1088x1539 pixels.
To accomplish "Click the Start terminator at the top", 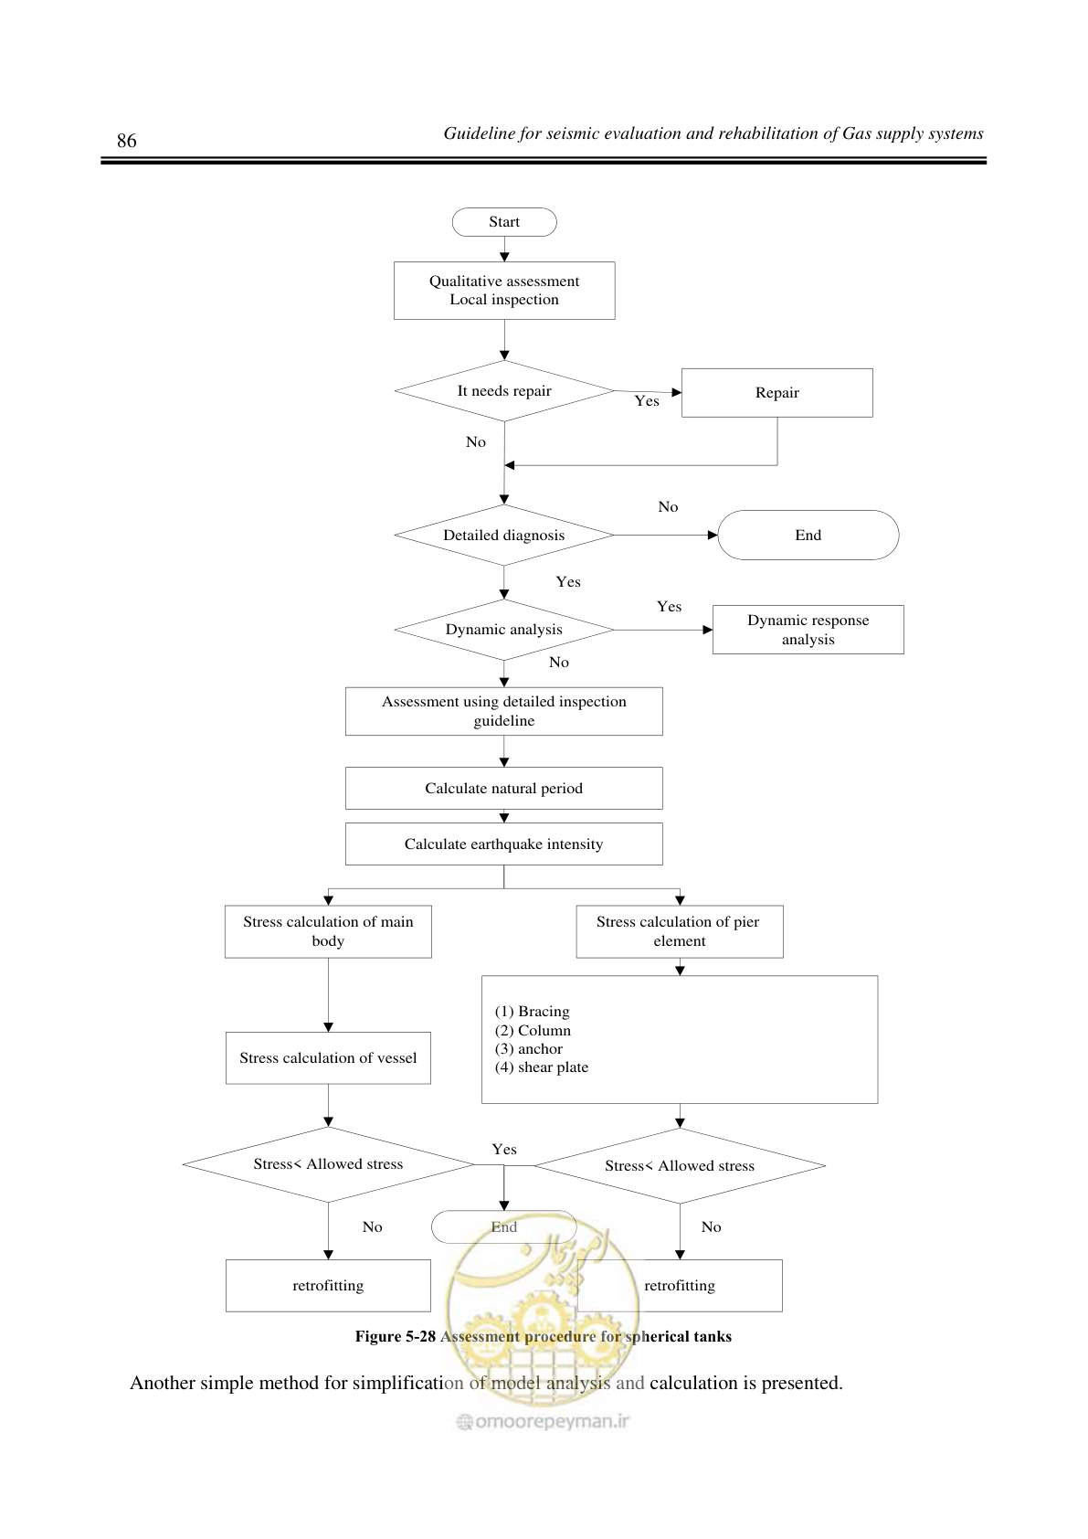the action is [x=504, y=222].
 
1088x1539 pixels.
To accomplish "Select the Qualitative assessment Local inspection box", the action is [x=504, y=291].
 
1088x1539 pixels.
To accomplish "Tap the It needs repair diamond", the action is [x=504, y=391].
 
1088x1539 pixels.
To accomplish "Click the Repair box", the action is [x=776, y=393].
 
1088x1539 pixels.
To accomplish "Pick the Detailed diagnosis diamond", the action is [x=504, y=536].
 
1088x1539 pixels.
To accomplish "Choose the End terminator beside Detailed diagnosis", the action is [x=808, y=536].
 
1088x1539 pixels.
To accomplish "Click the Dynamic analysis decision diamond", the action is [x=504, y=630].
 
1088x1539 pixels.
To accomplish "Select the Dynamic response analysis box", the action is [x=808, y=630].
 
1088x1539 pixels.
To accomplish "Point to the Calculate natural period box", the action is [x=504, y=788].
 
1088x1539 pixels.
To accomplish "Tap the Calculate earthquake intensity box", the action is [x=504, y=844].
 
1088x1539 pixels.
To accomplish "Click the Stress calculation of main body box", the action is [x=328, y=931].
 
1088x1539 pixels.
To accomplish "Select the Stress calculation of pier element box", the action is [x=680, y=931].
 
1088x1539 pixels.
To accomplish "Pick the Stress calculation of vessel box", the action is [x=328, y=1058].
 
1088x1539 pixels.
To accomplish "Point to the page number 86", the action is [x=126, y=141].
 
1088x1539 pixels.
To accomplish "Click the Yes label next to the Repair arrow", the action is [x=647, y=401].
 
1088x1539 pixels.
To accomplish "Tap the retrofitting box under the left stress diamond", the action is [x=328, y=1286].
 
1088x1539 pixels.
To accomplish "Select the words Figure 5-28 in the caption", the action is [x=396, y=1336].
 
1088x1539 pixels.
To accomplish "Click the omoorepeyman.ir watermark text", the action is [x=544, y=1421].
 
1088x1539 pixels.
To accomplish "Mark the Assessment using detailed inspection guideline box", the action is [x=504, y=711].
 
